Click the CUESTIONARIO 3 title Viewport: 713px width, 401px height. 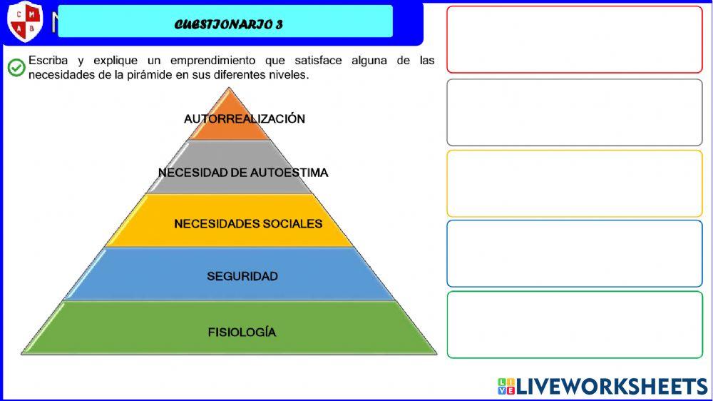[229, 24]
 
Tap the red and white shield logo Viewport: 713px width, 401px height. [24, 21]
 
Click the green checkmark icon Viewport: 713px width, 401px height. [16, 68]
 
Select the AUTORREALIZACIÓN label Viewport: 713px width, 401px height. [245, 119]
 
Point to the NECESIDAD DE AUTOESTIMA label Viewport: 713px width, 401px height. [243, 173]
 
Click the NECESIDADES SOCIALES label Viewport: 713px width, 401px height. [248, 224]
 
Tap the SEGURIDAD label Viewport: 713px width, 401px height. [242, 276]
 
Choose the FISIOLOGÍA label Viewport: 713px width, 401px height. [242, 333]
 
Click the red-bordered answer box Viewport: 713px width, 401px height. [574, 39]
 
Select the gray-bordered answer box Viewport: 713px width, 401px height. [574, 112]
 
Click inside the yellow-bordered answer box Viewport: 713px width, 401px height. [574, 183]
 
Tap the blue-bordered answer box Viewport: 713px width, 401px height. [574, 253]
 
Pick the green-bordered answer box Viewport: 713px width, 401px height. [574, 325]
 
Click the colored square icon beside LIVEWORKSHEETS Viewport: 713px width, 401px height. [506, 387]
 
